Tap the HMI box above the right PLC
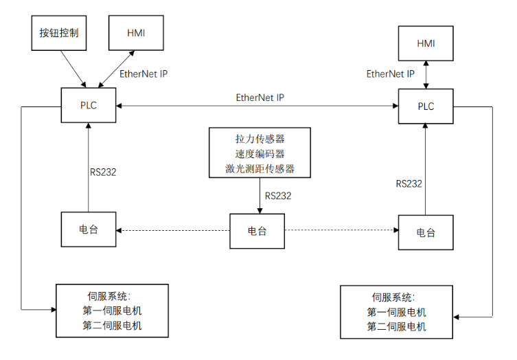point(426,43)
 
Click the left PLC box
point(89,106)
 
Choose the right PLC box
point(426,106)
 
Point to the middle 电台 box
point(257,231)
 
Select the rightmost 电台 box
point(426,232)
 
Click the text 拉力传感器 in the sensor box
point(260,139)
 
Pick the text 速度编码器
point(260,154)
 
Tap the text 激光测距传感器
point(260,169)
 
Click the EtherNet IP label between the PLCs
point(260,98)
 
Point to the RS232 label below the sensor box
point(277,196)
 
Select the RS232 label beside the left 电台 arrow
point(103,172)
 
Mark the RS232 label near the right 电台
point(409,183)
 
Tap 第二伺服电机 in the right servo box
point(397,326)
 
